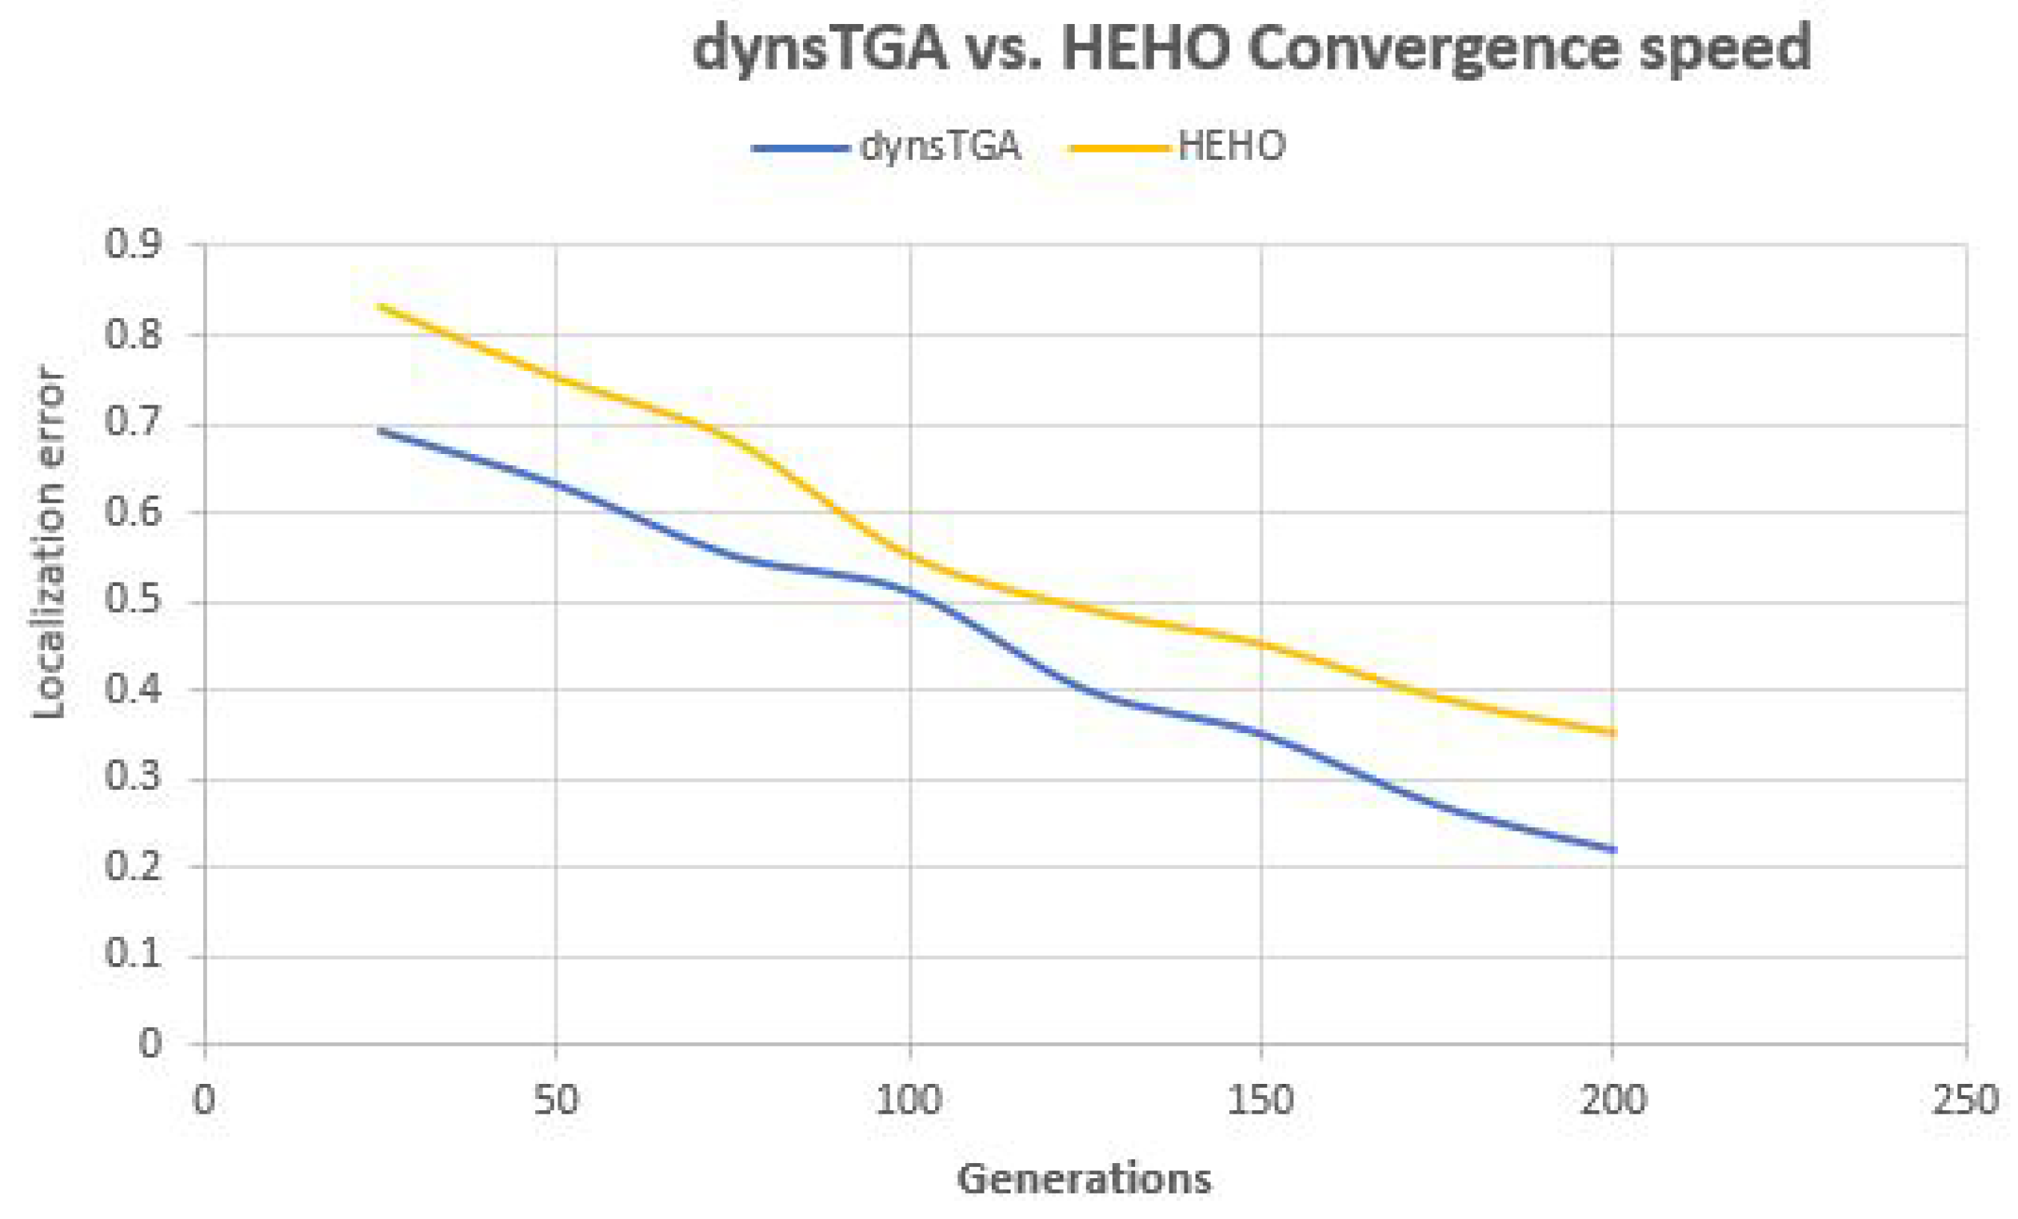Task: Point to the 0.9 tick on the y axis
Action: point(134,244)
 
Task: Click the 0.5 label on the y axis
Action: point(134,600)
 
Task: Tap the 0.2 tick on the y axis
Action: point(134,866)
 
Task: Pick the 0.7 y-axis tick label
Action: point(134,422)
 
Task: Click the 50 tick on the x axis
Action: point(556,1100)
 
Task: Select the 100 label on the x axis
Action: point(909,1100)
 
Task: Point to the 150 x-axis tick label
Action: point(1261,1100)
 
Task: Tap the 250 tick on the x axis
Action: point(1964,1100)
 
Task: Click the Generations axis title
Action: point(1084,1180)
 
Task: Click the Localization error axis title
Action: point(49,544)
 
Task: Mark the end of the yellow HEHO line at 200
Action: point(1612,733)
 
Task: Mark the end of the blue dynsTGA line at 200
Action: point(1612,850)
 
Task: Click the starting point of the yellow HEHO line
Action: point(380,306)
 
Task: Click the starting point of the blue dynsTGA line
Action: point(380,430)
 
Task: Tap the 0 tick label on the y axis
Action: point(150,1044)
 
